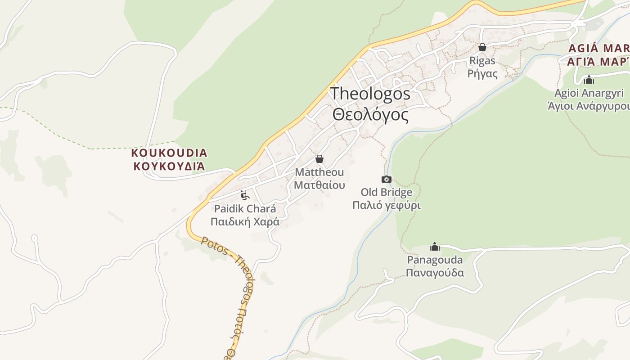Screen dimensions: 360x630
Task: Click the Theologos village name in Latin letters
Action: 370,94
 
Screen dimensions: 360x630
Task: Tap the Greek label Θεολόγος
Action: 370,115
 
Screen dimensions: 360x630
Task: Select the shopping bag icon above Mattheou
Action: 319,159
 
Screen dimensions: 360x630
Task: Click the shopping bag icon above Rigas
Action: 482,47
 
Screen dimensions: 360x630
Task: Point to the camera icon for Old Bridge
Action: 386,180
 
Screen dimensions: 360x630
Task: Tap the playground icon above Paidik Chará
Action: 245,195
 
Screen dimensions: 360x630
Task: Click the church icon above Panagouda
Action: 435,247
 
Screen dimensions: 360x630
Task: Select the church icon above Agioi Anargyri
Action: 589,81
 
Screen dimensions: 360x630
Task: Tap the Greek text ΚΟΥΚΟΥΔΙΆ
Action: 169,166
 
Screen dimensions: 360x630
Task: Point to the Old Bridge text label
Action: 386,193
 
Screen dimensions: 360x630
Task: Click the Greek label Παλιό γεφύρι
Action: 386,206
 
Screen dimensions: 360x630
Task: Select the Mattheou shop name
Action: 319,172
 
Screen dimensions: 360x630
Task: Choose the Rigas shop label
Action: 482,61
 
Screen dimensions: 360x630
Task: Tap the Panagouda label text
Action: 435,260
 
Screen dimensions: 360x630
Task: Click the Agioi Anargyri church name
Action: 589,93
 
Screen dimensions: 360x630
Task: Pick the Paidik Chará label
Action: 245,209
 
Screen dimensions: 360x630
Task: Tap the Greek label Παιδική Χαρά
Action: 245,222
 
